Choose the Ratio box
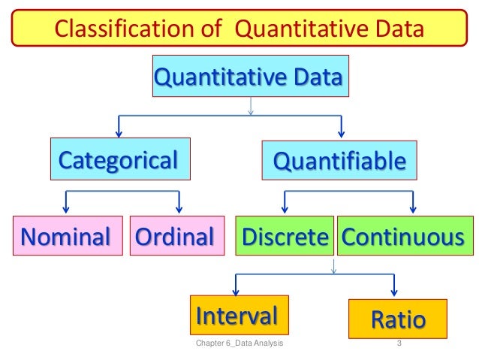[398, 319]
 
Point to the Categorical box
[119, 159]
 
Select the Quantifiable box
[339, 160]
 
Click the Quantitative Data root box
[250, 76]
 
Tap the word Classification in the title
[113, 29]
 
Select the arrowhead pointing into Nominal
[67, 210]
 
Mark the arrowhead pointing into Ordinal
[179, 210]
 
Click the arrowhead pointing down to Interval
[236, 295]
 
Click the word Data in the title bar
[397, 29]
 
